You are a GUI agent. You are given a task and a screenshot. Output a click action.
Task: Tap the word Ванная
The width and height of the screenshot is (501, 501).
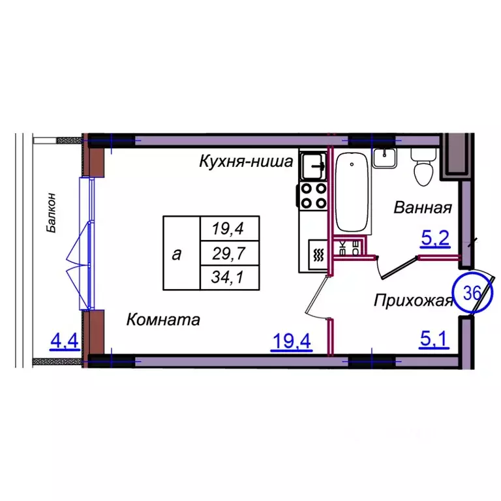click(x=423, y=208)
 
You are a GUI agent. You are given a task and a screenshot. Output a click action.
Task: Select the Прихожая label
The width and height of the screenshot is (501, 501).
click(x=413, y=301)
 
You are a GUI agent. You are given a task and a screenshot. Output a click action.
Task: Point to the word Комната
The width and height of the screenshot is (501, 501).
click(x=163, y=320)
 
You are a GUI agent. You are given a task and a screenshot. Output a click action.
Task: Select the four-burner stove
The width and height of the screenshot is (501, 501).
click(x=313, y=194)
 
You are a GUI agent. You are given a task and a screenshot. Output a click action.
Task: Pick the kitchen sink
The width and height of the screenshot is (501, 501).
click(x=313, y=164)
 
